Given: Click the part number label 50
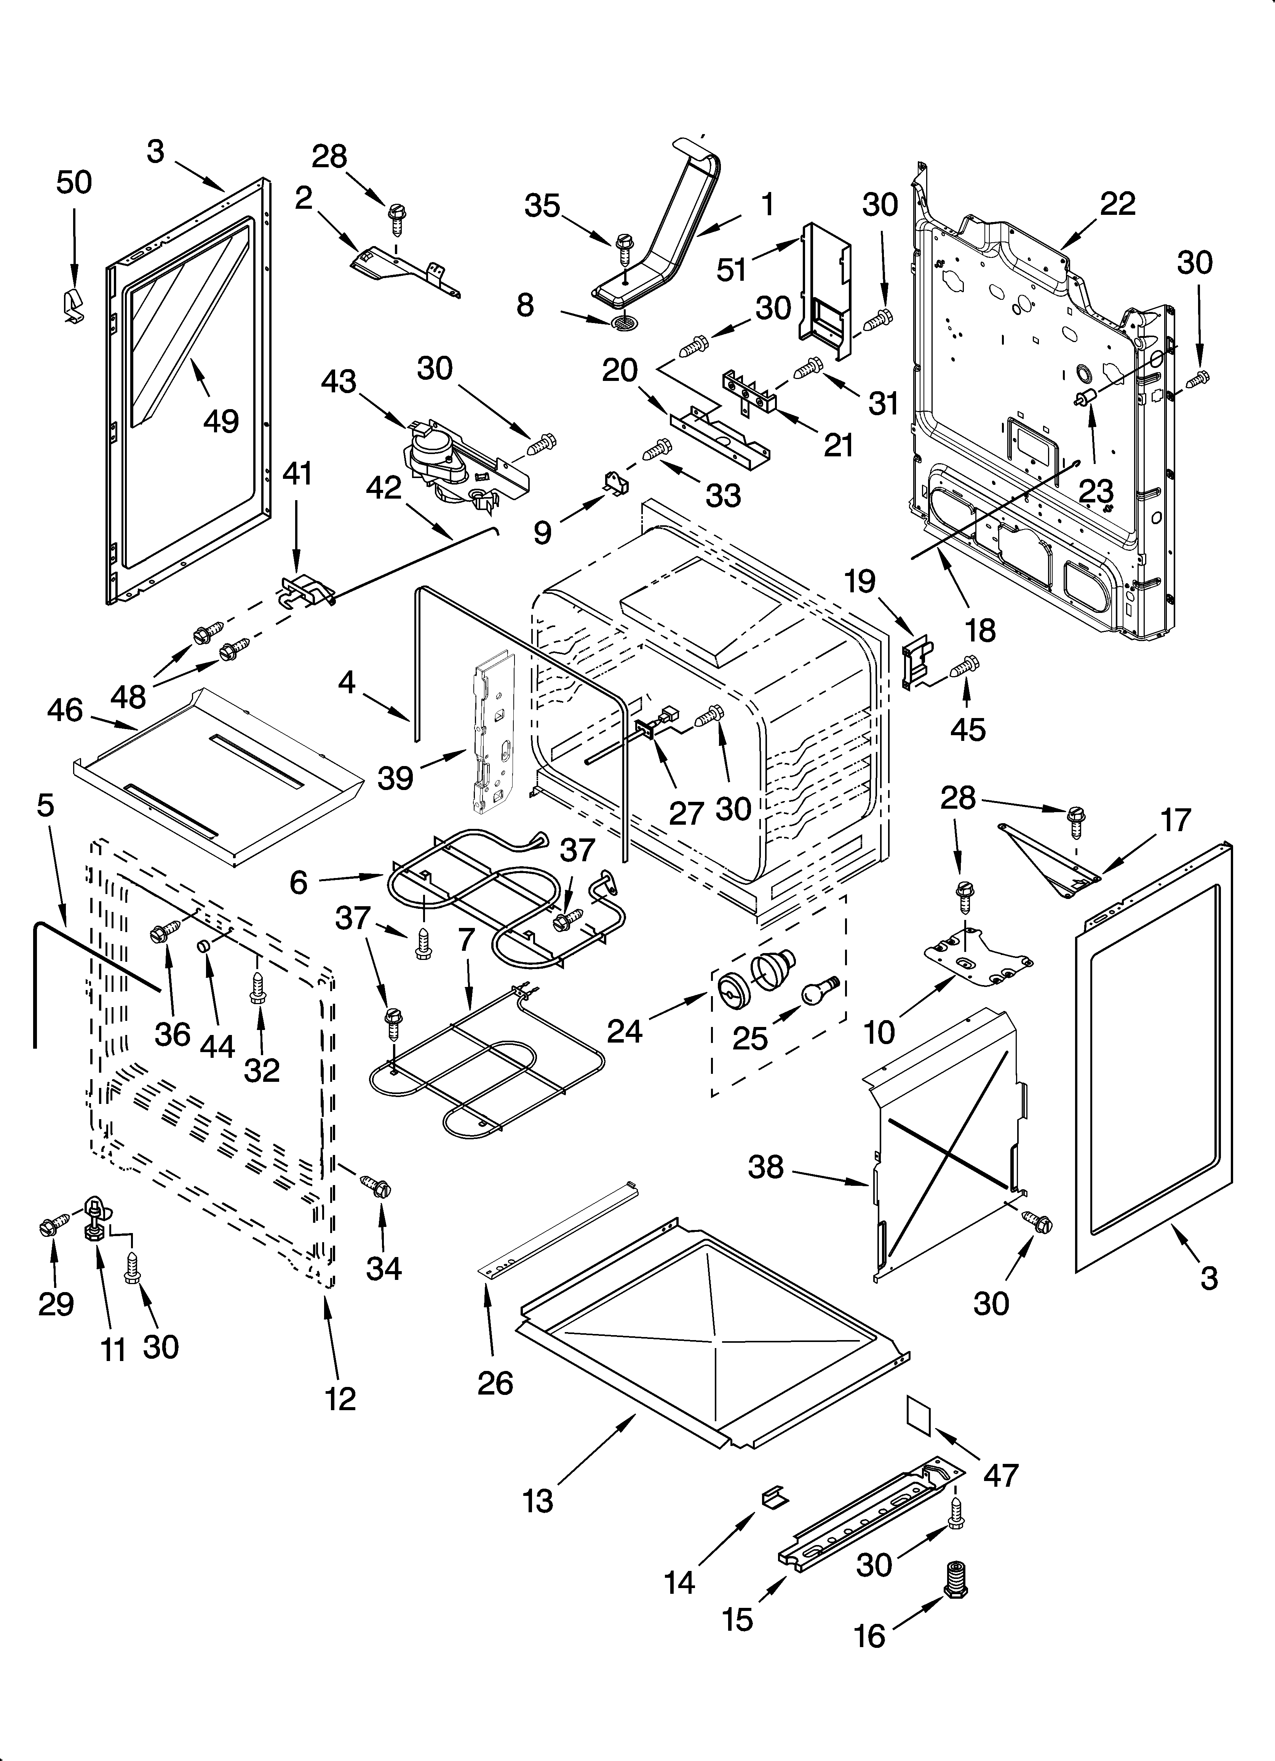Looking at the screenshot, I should (74, 182).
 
